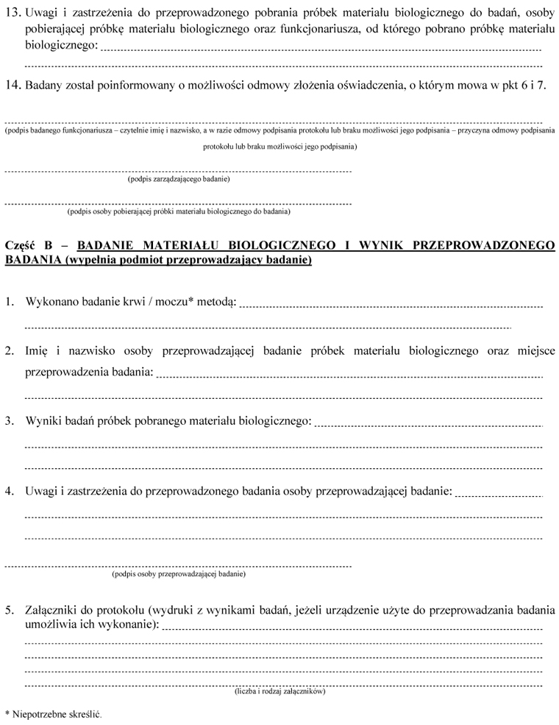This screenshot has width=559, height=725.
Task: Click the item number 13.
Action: (x=13, y=13)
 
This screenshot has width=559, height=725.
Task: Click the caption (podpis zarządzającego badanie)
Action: (x=179, y=179)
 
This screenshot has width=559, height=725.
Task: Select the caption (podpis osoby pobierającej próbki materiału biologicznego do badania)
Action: (x=179, y=211)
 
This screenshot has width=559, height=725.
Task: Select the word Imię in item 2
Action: (x=38, y=351)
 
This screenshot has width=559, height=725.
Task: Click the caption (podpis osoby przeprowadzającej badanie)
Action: (x=179, y=573)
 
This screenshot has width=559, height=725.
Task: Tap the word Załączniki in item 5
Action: (x=52, y=610)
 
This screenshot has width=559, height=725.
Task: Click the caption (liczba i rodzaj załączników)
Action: (x=280, y=691)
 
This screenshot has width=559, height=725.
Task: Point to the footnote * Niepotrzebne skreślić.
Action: (x=52, y=714)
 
